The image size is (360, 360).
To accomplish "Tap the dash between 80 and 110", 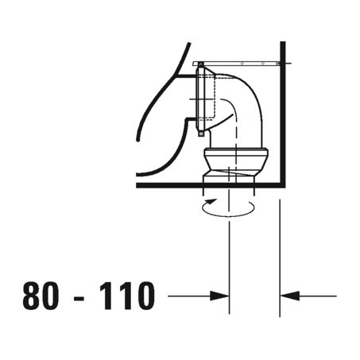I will point(83,297).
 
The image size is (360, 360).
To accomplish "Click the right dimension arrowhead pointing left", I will point(288,296).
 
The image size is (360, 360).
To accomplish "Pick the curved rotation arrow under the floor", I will point(227,208).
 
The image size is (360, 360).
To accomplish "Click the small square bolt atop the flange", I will point(201,64).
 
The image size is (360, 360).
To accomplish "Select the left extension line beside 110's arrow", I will point(230,254).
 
